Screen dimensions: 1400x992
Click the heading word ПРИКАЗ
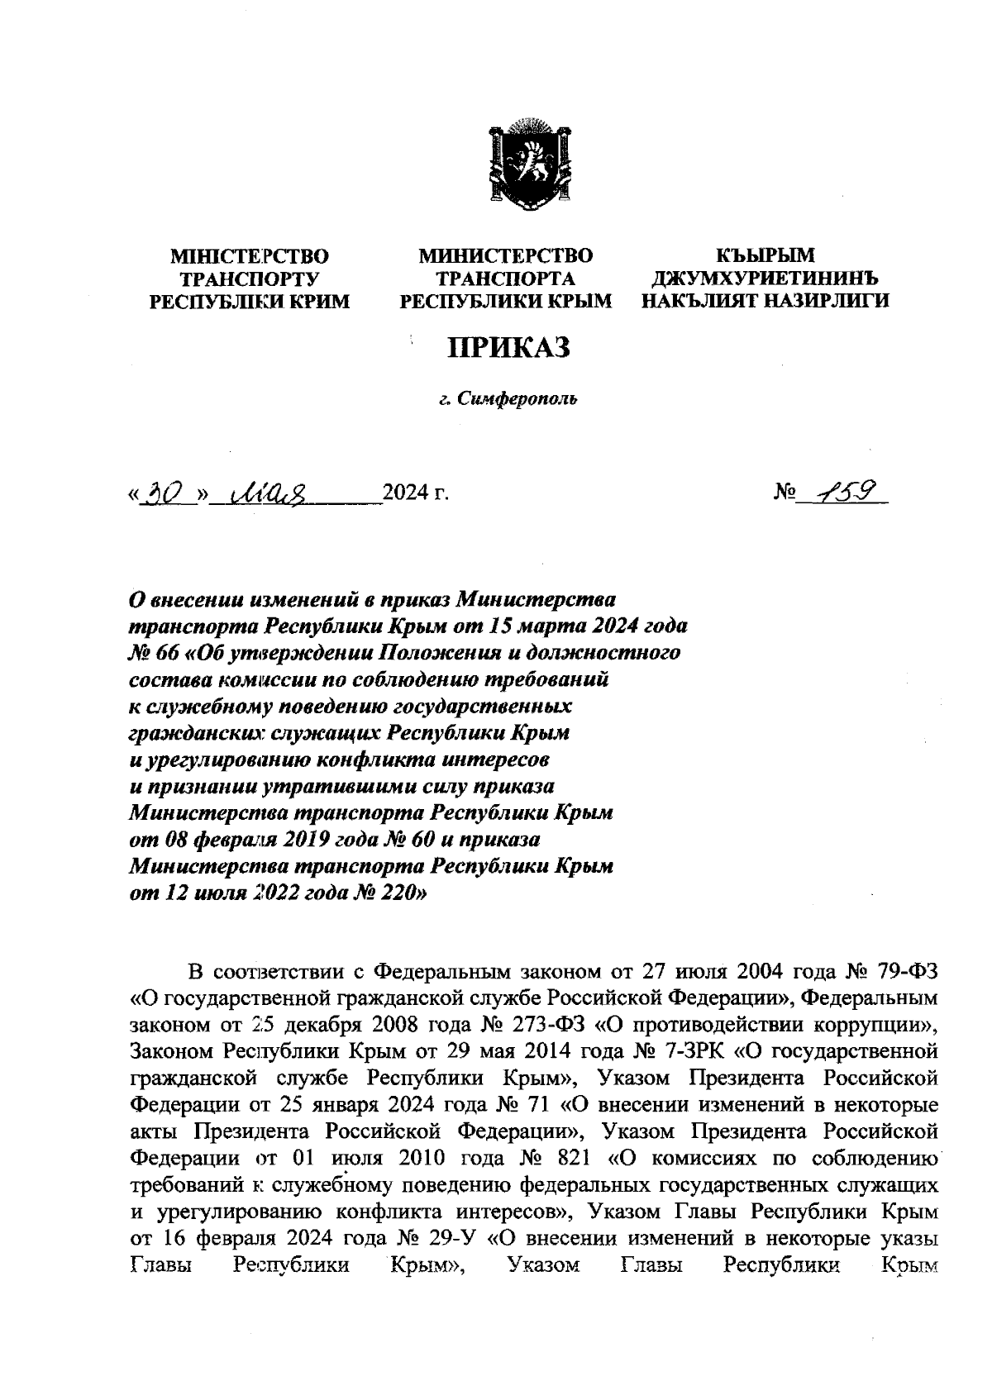pyautogui.click(x=509, y=348)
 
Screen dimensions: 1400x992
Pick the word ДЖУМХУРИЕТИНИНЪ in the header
pyautogui.click(x=765, y=279)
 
